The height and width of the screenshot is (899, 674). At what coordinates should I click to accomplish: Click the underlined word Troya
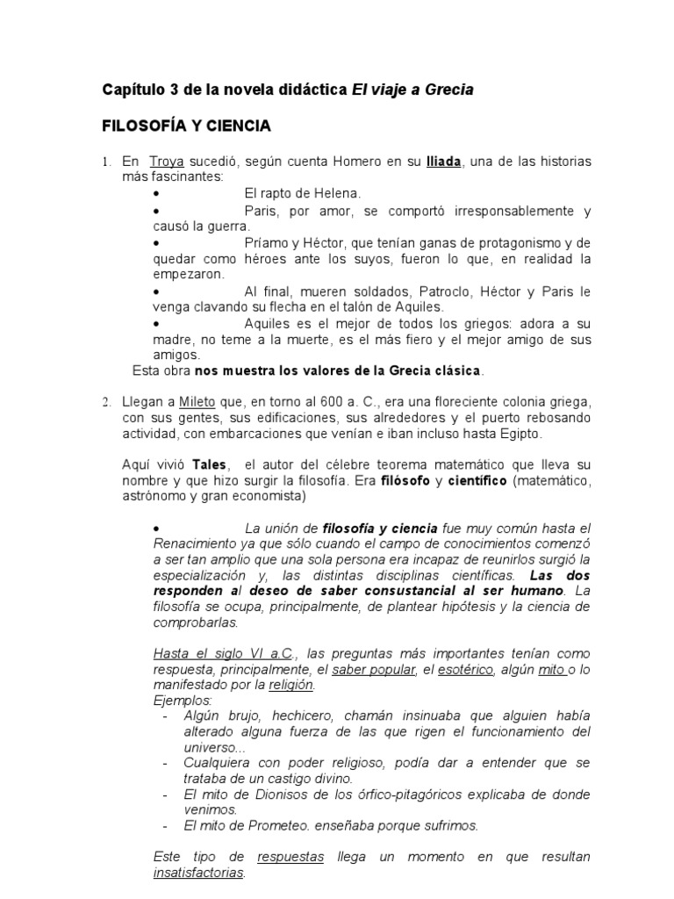click(x=166, y=162)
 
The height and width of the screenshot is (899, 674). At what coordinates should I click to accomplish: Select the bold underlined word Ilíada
click(x=443, y=162)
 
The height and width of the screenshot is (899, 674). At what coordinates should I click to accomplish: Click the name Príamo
click(x=267, y=244)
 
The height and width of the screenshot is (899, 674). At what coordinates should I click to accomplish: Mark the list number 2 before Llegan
click(x=104, y=403)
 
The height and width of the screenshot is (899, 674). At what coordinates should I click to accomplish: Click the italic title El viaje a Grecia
click(x=412, y=90)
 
